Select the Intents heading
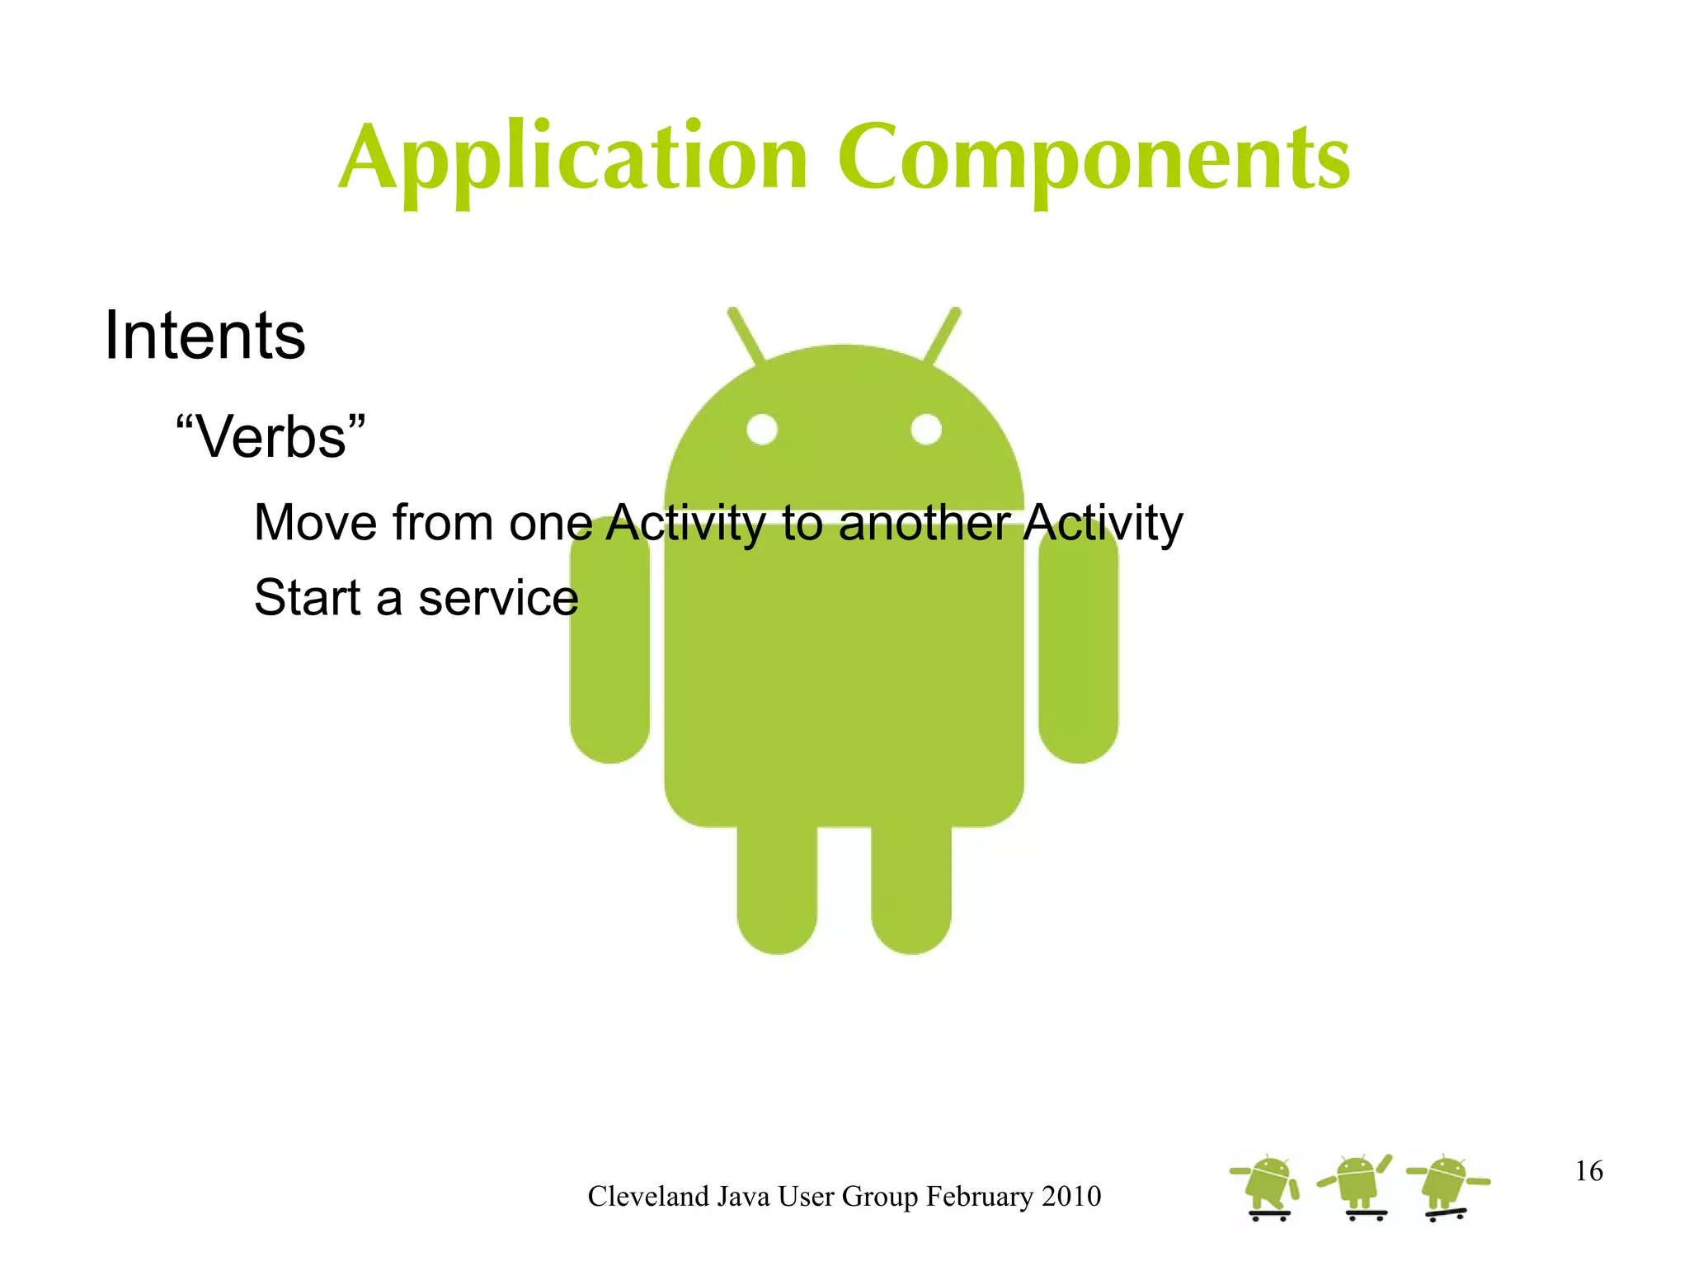(205, 336)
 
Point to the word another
(924, 523)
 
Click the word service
(498, 598)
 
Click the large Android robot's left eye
(762, 429)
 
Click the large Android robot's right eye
(926, 429)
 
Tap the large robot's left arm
(609, 647)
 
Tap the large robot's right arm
(1078, 647)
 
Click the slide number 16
(1588, 1171)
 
